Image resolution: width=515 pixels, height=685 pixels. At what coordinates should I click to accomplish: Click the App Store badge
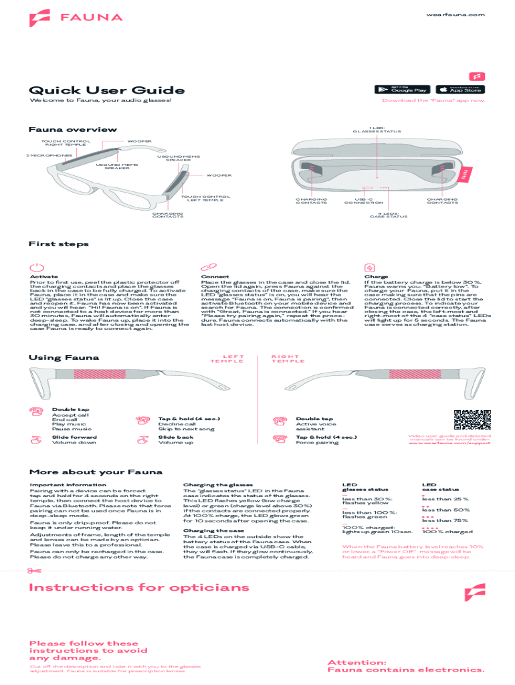[460, 89]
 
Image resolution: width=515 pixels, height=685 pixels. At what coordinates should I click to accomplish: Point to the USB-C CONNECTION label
[369, 201]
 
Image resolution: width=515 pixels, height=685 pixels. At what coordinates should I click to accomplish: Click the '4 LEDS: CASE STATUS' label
[389, 215]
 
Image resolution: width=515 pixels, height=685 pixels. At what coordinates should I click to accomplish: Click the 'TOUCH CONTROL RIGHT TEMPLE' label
[66, 143]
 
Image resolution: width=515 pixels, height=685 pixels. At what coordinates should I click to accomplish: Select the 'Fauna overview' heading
[73, 129]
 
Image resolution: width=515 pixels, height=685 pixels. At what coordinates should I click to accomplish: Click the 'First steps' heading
[59, 244]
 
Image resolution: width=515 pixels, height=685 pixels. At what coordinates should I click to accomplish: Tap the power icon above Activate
[36, 267]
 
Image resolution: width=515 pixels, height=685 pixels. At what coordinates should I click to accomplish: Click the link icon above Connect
[207, 267]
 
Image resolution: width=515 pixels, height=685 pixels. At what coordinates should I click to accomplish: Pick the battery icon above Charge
[370, 267]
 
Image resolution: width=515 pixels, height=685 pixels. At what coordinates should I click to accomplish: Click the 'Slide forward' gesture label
[74, 437]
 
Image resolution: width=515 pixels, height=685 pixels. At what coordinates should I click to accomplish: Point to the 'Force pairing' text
[317, 442]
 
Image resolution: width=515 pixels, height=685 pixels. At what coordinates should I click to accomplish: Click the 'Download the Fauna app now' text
[433, 100]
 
